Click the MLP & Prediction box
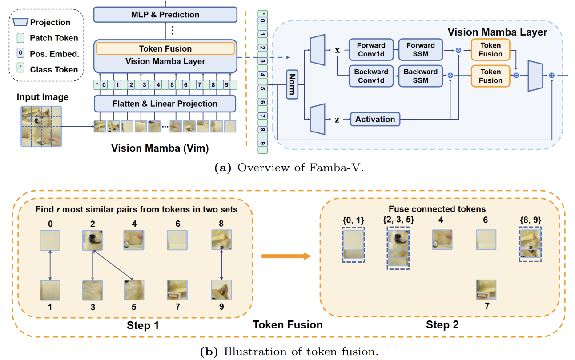coord(165,15)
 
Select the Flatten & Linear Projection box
coord(165,104)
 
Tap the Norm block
coord(292,84)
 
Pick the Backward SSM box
coord(420,76)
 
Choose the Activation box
coord(375,119)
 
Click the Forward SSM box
coord(420,49)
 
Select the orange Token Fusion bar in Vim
coord(165,48)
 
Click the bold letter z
coord(337,119)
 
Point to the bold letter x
coord(337,50)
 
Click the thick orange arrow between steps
coord(285,256)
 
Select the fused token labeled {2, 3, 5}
coord(397,247)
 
